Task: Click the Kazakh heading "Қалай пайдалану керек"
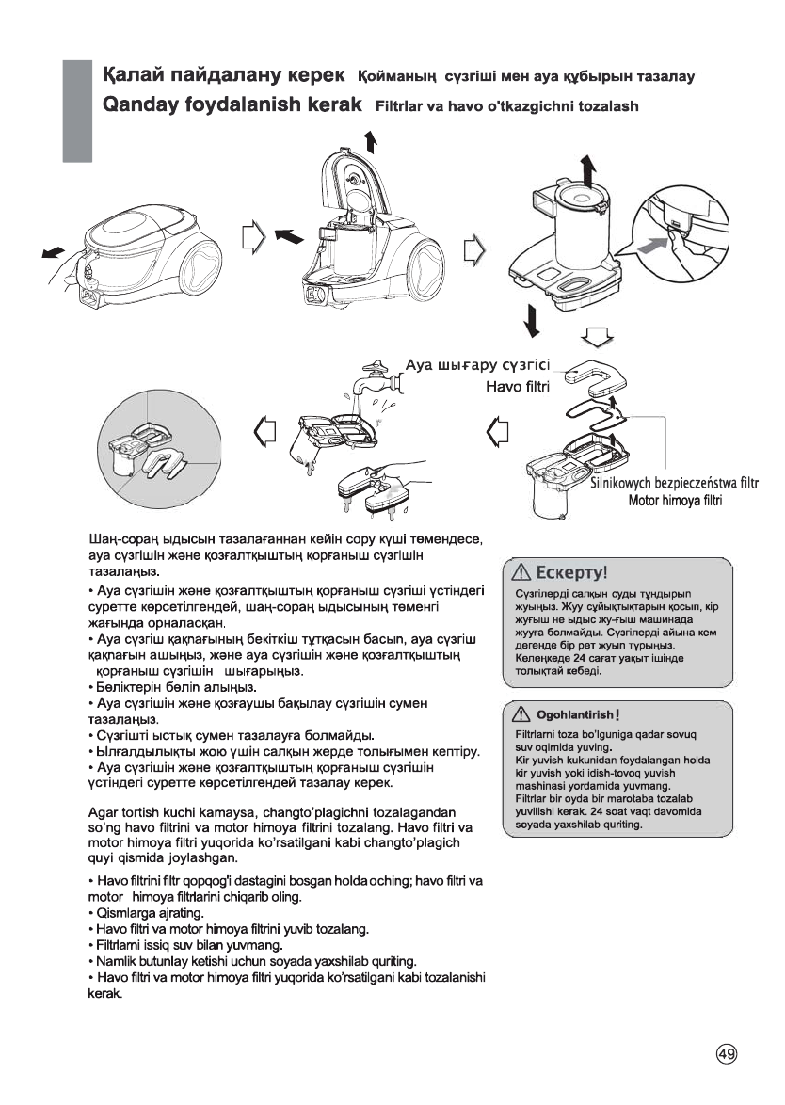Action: click(x=225, y=74)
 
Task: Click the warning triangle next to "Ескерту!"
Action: click(x=521, y=572)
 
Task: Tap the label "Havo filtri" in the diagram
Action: click(x=517, y=386)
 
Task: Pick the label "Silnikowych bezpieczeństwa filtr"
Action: click(x=675, y=485)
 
